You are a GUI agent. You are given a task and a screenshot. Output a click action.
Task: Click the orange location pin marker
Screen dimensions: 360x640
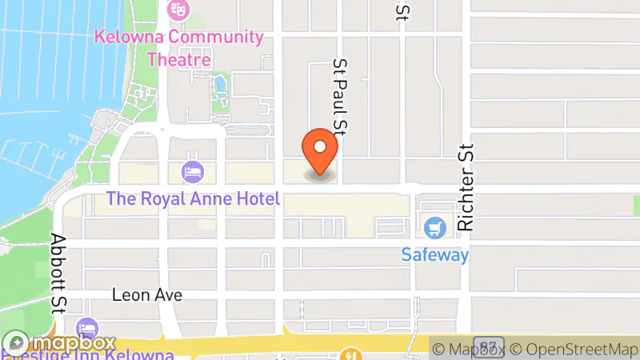coord(320,152)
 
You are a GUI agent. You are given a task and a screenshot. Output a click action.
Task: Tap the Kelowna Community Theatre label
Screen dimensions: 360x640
coord(178,48)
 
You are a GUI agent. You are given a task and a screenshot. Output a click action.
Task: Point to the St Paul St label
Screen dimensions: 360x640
coord(342,97)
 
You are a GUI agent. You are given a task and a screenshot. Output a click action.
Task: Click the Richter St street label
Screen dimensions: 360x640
coord(466,188)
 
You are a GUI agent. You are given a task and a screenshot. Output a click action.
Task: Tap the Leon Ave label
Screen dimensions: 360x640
coord(147,294)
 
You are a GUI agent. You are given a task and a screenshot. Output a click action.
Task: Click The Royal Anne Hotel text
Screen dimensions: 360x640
coord(194,198)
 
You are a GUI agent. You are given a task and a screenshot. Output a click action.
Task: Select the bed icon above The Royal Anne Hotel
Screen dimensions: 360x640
coord(193,170)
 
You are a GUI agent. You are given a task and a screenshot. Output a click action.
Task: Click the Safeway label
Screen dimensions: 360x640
coord(435,255)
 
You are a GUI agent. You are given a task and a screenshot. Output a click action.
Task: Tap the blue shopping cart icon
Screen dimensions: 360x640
coord(435,228)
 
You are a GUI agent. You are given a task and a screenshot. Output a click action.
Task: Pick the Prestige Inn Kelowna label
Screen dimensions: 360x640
coord(88,354)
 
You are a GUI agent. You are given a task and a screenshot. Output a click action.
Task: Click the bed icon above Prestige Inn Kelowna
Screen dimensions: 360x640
coord(86,328)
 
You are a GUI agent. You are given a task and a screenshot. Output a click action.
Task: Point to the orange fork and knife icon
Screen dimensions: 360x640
coord(350,354)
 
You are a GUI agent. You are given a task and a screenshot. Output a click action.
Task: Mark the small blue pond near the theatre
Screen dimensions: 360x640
coord(219,84)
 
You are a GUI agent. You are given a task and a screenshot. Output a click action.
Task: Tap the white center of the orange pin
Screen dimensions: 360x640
coord(320,146)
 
